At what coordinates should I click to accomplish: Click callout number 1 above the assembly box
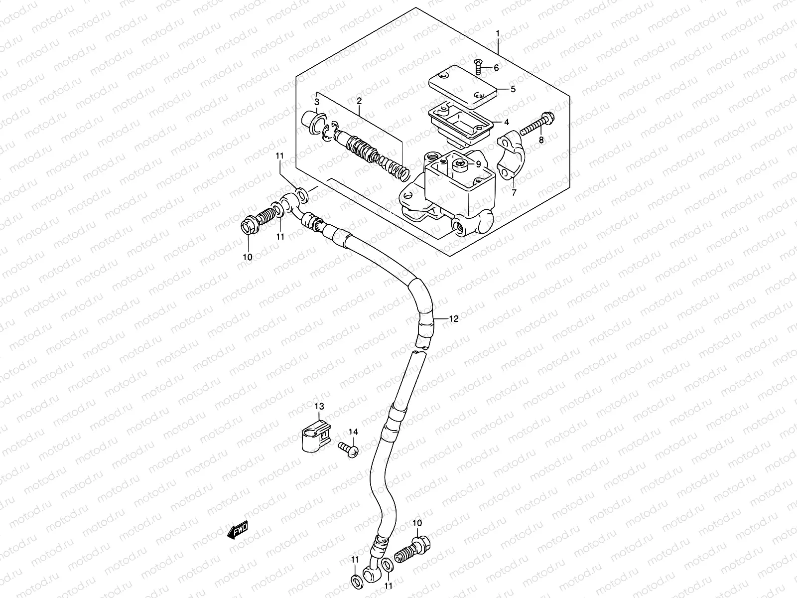497,33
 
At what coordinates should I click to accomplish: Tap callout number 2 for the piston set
359,101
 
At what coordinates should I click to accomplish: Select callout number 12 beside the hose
453,319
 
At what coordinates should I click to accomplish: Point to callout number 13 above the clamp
319,407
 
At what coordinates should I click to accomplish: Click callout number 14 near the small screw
353,432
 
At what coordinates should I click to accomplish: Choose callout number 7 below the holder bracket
514,191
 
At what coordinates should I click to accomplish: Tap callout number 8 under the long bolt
541,140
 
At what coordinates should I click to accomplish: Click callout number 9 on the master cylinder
478,163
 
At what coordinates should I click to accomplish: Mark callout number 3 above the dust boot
317,102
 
